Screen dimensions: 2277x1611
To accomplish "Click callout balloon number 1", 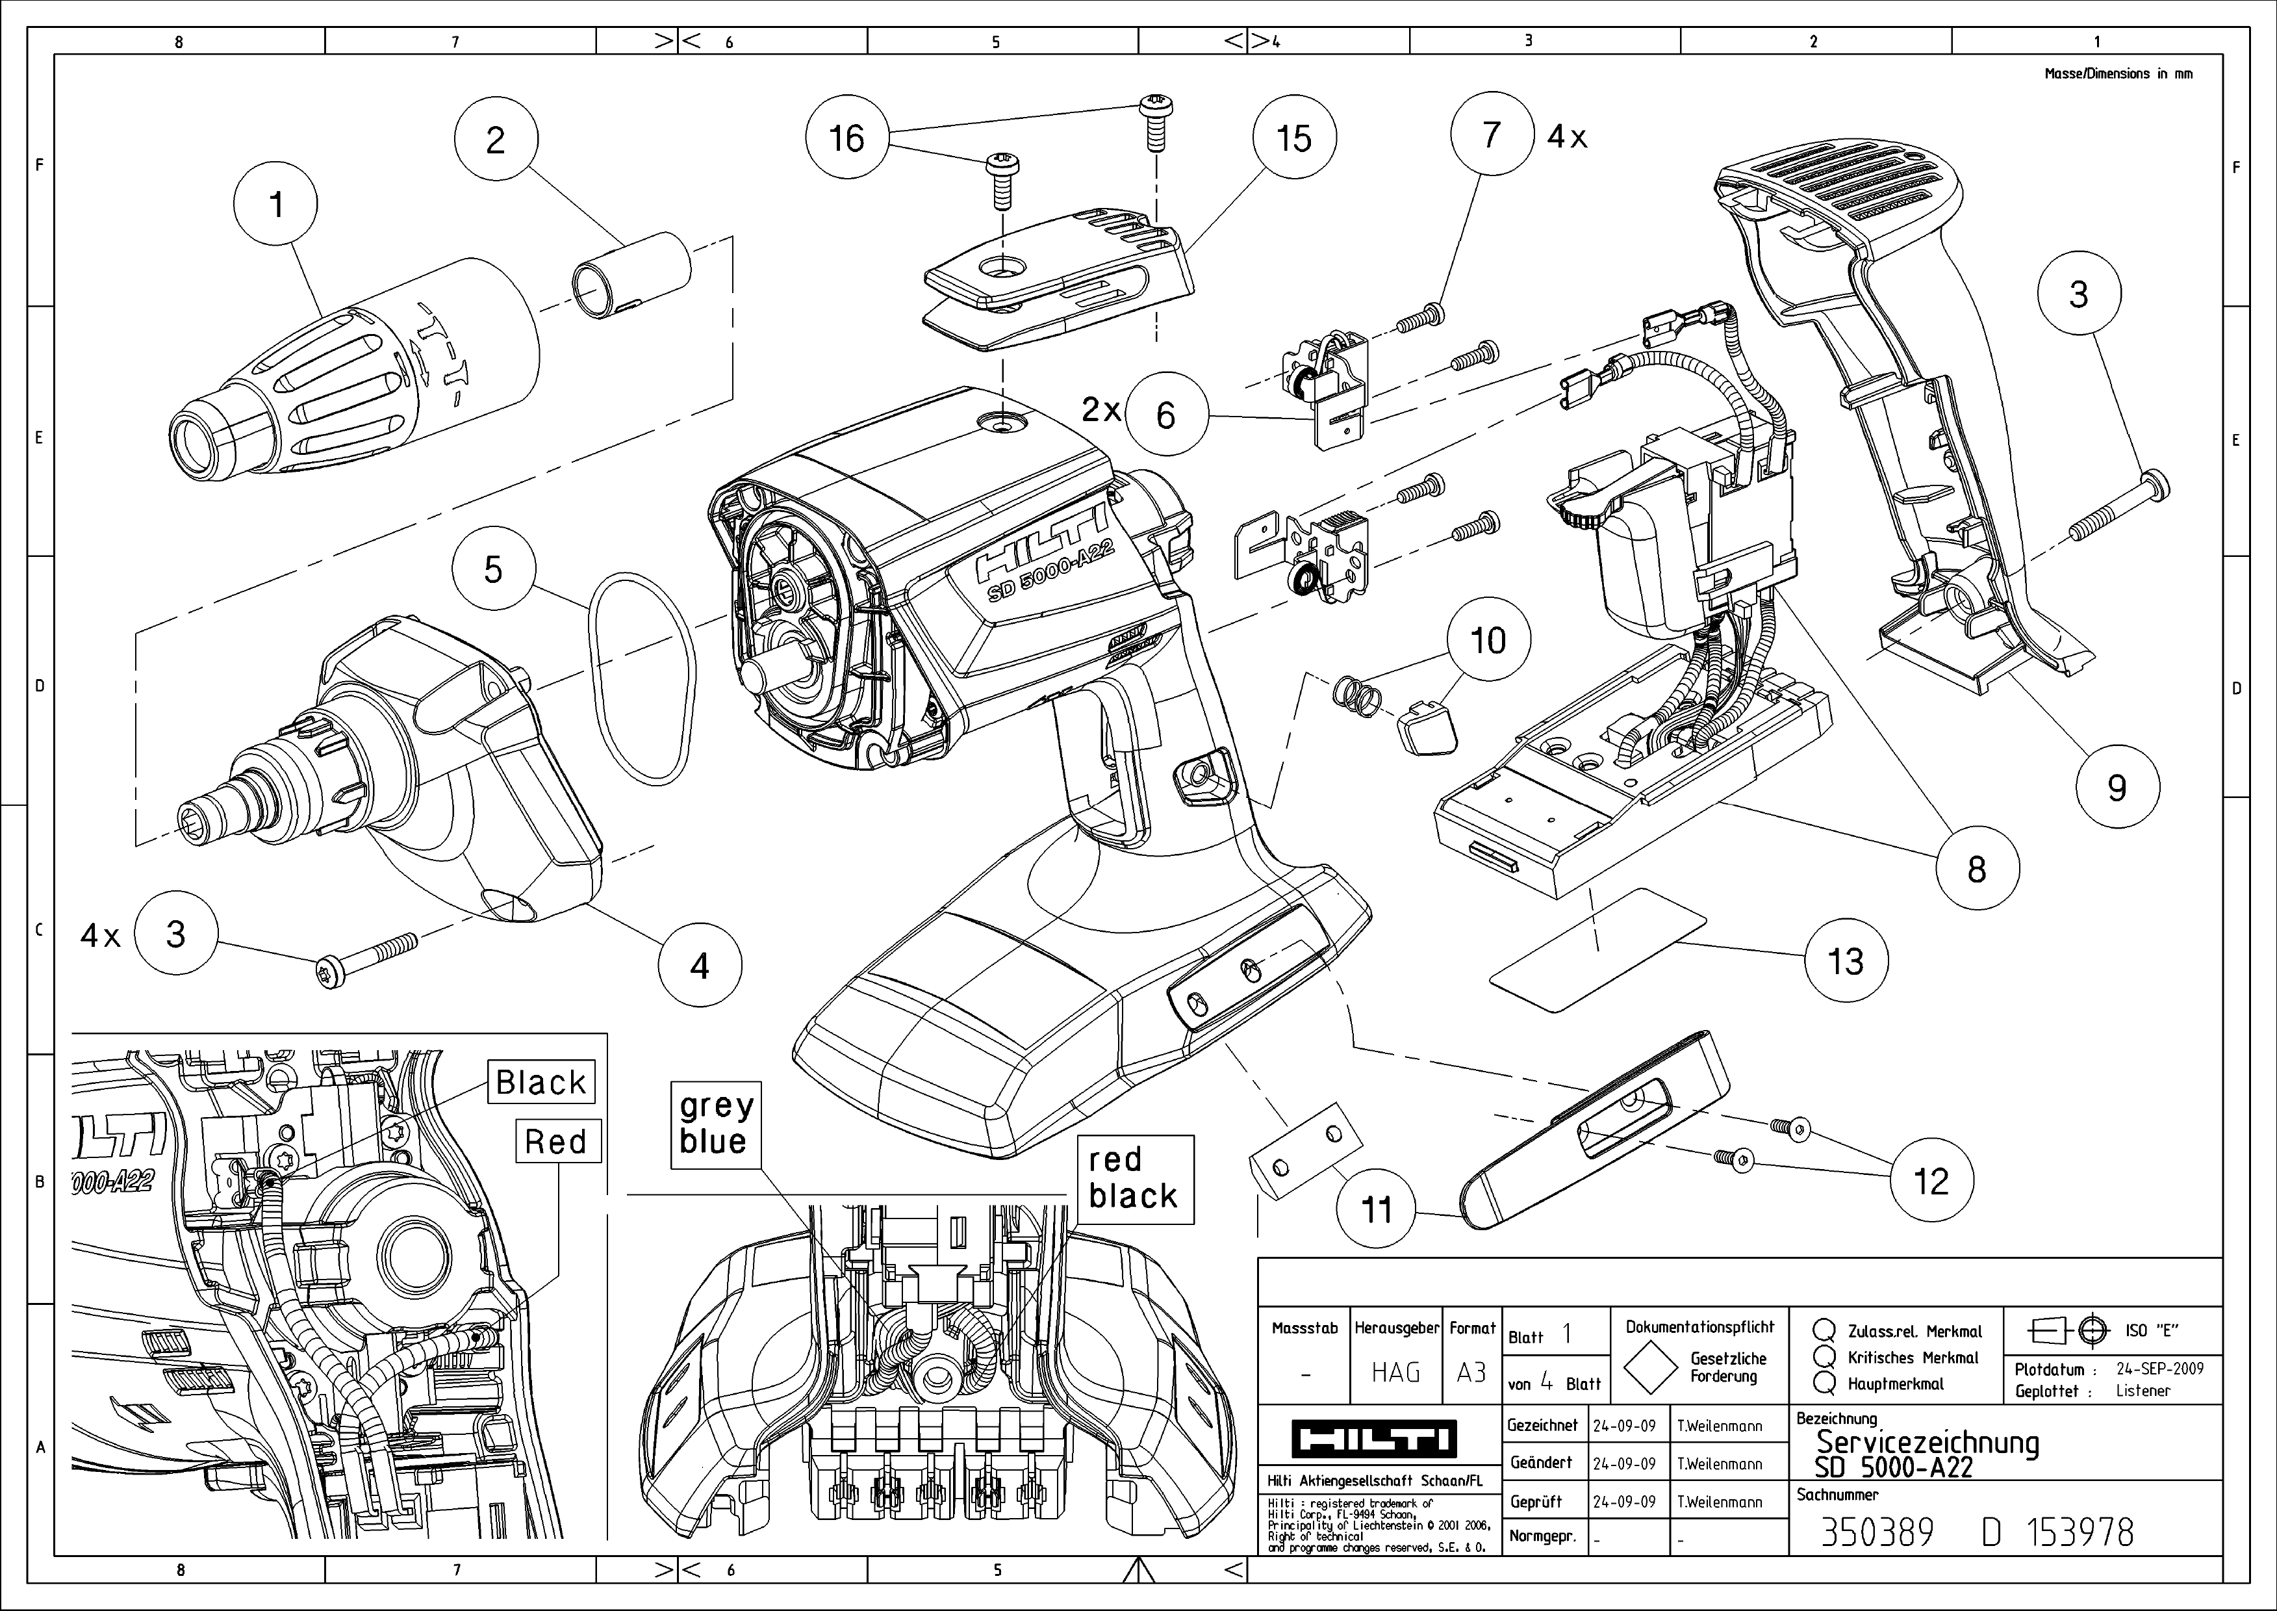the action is click(x=275, y=204).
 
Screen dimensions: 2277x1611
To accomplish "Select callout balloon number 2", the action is click(x=496, y=140).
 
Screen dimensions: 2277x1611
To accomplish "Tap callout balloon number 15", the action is click(x=1294, y=138).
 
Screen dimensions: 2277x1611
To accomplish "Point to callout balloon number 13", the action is click(x=1846, y=960).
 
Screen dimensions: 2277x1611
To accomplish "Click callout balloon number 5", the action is click(x=493, y=569).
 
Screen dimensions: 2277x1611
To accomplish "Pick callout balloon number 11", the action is click(x=1377, y=1209).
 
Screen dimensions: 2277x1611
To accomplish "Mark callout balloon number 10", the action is click(x=1488, y=640).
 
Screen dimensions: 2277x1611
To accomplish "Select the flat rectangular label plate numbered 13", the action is click(x=1597, y=949).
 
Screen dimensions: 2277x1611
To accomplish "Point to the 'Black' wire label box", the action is click(x=541, y=1081).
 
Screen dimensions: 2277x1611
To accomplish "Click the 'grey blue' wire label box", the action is click(x=715, y=1124).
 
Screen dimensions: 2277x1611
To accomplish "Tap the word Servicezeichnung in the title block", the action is click(x=1926, y=1442).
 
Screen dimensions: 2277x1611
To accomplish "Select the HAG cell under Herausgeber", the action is click(x=1395, y=1372).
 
